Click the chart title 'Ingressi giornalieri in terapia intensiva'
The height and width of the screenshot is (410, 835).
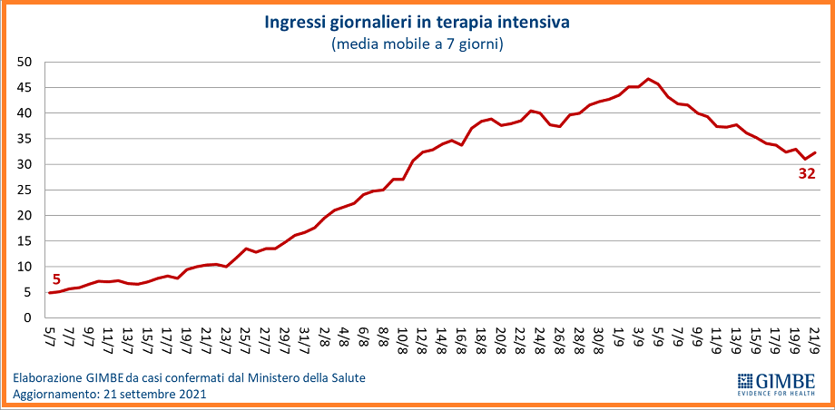click(417, 21)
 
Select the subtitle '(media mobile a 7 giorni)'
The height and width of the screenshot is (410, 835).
click(417, 43)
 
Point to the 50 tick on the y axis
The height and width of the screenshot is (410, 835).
click(25, 63)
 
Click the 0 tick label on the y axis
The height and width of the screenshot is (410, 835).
click(29, 318)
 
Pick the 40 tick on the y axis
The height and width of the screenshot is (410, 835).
click(25, 113)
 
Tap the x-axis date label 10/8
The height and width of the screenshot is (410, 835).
click(402, 340)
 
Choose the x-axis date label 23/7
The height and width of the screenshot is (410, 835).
click(225, 340)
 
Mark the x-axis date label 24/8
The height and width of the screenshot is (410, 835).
click(539, 340)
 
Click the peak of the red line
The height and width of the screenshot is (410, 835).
click(648, 79)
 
